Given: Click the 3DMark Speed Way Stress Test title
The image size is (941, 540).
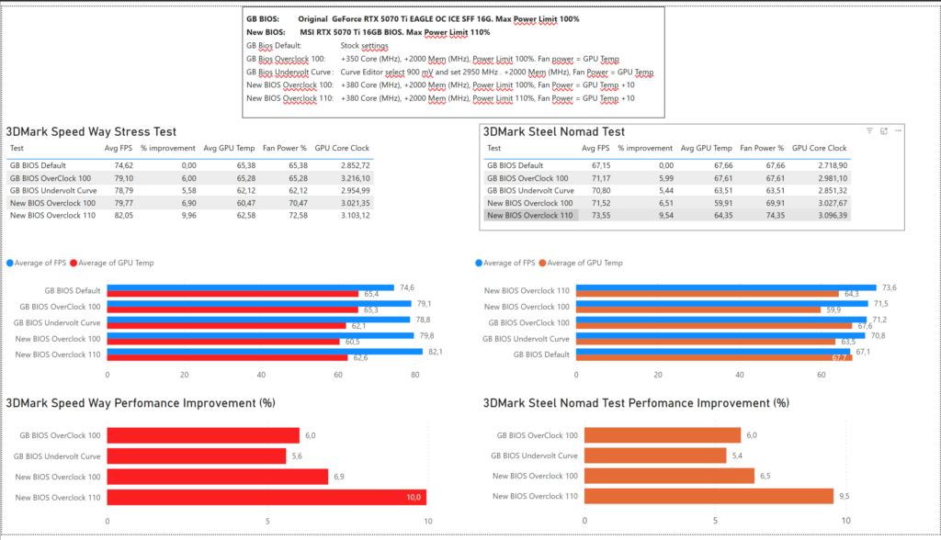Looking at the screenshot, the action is (x=91, y=132).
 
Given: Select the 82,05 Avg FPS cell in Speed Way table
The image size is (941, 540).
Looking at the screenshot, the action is (x=124, y=216).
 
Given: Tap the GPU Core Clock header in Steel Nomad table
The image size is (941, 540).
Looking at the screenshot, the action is (x=819, y=148).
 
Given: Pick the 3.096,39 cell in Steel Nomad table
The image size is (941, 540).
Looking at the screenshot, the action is (x=833, y=216).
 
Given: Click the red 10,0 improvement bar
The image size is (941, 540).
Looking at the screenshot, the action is (x=267, y=497).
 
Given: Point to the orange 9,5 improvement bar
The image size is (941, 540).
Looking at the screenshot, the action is (x=709, y=496).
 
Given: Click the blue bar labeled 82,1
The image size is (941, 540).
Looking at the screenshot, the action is (x=265, y=352).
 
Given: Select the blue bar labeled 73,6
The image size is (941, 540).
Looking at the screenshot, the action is (x=726, y=288).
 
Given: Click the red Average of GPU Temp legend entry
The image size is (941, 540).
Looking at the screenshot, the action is (x=111, y=263).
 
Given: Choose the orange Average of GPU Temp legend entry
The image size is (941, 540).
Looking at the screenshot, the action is (x=581, y=263).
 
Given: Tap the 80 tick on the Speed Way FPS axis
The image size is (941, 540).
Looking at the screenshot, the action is (x=415, y=375).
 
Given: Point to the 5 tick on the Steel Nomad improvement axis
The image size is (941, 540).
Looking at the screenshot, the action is (x=715, y=521).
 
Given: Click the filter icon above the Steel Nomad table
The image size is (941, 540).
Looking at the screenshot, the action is (x=869, y=130).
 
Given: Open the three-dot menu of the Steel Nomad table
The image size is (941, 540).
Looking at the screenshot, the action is (x=899, y=130).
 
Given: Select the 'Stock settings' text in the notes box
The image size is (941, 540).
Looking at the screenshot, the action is (x=364, y=46).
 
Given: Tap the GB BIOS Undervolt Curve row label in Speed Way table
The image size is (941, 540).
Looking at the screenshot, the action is (x=52, y=191).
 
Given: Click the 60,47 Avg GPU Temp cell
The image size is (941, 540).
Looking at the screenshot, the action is (x=245, y=203).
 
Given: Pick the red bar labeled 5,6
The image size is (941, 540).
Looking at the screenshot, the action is (x=197, y=456).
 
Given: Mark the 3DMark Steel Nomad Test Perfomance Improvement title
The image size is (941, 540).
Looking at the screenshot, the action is (x=636, y=403).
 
